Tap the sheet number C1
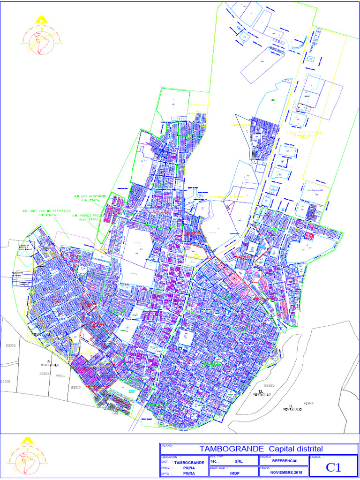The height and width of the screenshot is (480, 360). (x=333, y=467)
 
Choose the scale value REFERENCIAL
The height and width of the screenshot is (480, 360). (x=285, y=461)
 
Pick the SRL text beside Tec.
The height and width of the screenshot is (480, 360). (x=239, y=461)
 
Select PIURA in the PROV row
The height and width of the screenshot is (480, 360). (x=189, y=468)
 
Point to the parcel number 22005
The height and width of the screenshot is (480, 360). (x=5, y=381)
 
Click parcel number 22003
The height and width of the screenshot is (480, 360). (x=44, y=374)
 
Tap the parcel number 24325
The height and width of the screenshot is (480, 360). (x=269, y=385)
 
